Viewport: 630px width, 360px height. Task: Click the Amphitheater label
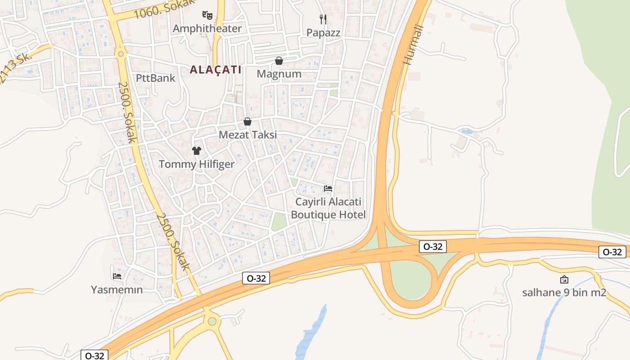[207, 28]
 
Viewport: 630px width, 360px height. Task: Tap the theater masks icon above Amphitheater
[207, 15]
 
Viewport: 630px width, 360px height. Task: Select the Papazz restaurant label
[323, 32]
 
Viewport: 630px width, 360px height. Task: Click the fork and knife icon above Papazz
[323, 19]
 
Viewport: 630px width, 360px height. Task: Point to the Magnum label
[279, 74]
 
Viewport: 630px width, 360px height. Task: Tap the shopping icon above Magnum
[279, 60]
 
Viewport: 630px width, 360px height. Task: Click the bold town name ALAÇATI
[216, 70]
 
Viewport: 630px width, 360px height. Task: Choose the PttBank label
[156, 78]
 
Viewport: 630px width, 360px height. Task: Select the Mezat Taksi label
[247, 135]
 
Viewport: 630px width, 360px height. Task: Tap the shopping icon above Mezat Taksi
[247, 121]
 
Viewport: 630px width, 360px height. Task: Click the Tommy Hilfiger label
[197, 164]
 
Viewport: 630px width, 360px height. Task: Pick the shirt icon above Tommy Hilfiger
[197, 150]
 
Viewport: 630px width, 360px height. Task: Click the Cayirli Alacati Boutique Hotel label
[328, 208]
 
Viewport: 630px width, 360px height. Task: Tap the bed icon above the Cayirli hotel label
[328, 189]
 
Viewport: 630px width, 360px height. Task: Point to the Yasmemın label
[117, 290]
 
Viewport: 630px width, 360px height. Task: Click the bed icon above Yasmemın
[117, 276]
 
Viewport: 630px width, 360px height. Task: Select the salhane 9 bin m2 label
[564, 293]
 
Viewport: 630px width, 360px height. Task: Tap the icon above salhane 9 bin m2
[564, 279]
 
